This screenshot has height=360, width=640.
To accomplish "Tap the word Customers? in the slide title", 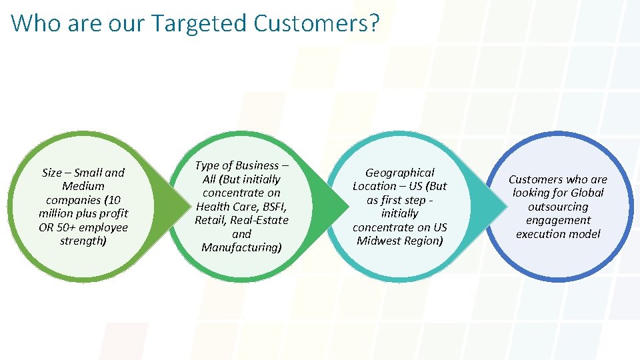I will tap(317, 23).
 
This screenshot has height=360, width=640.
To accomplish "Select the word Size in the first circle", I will tap(51, 173).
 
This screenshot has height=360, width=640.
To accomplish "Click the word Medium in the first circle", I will tap(83, 186).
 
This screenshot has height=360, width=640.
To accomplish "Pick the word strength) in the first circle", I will tap(83, 241).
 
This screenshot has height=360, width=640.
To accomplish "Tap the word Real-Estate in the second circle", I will tap(259, 220).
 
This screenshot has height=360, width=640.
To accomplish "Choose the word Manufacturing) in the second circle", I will tap(241, 247).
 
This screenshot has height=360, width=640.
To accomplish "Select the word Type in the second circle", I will tap(207, 165).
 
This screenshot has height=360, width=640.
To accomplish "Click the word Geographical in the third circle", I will tap(400, 173).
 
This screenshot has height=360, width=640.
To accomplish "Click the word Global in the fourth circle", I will tap(587, 193).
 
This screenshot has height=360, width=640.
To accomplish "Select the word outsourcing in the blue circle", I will tap(558, 207).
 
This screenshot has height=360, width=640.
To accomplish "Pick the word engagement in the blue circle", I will tap(558, 220).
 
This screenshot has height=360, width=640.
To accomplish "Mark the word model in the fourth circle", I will tap(584, 234).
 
